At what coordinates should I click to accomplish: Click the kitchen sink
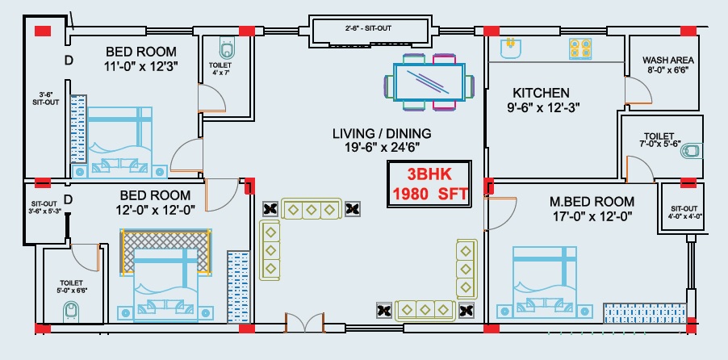510,48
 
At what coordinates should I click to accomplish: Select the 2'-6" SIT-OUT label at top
368,28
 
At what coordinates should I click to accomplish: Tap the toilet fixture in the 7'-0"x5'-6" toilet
697,150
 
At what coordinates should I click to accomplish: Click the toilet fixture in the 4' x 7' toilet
226,44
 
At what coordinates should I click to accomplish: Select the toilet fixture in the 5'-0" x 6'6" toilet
72,310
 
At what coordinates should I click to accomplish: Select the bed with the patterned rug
165,274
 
